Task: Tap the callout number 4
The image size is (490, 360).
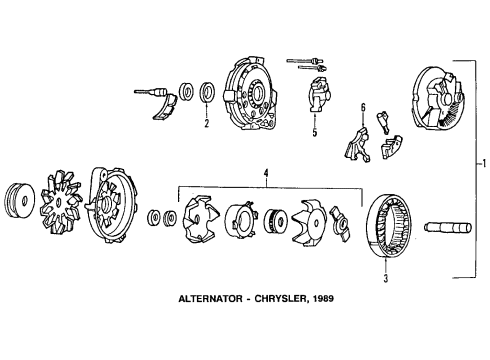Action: point(266,174)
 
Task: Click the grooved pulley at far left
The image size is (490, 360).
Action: point(22,199)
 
